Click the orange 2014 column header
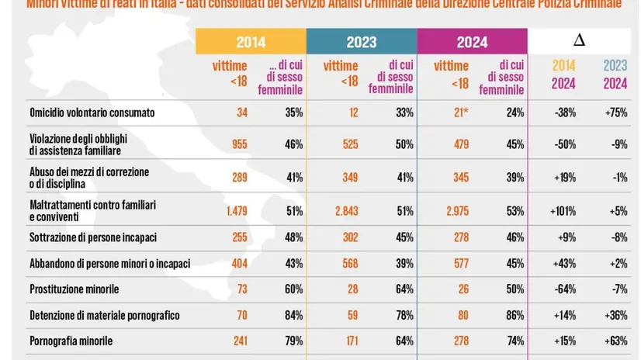coord(250,42)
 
